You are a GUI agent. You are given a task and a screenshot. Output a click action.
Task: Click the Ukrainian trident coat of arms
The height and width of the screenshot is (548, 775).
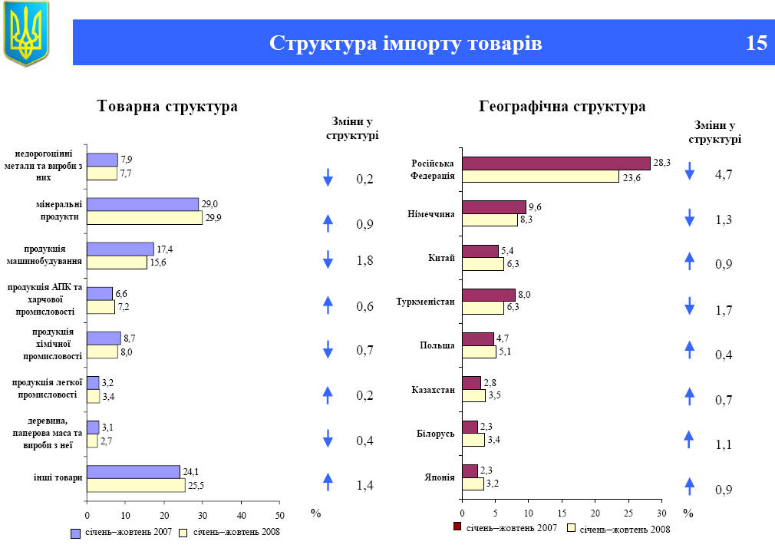[x=26, y=33]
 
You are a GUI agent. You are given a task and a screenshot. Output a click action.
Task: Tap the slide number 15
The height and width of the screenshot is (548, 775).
[x=756, y=43]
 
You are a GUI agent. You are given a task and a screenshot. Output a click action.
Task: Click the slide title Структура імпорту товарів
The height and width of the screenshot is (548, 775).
[x=406, y=43]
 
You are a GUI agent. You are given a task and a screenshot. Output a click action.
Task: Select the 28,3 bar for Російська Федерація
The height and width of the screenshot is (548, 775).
[x=556, y=163]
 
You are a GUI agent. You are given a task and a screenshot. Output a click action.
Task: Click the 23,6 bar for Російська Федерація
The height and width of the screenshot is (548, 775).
[x=540, y=177]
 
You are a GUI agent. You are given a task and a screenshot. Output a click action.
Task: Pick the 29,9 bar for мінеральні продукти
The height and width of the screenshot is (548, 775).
[x=144, y=218]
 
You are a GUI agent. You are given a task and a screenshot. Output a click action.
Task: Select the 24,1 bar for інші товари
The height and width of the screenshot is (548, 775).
[x=133, y=471]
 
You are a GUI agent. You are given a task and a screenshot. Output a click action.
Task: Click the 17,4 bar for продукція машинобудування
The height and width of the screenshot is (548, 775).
[x=120, y=249]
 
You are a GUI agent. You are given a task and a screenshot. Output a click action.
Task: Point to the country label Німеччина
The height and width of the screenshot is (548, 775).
[x=431, y=213]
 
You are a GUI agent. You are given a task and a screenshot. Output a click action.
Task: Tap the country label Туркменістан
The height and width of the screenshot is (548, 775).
[x=426, y=302]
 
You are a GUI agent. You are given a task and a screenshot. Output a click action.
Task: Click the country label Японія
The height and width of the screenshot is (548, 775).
[x=440, y=477]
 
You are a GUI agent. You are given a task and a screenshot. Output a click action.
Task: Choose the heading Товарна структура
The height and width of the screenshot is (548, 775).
[x=167, y=107]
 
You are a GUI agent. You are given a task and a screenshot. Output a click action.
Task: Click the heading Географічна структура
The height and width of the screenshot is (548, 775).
[x=562, y=107]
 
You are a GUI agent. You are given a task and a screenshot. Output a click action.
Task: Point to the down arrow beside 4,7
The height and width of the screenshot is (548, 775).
[x=689, y=171]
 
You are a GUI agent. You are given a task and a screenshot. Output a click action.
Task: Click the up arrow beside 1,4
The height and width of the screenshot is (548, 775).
[x=328, y=481]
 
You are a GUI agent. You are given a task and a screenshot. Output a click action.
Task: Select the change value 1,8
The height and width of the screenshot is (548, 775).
[x=364, y=261]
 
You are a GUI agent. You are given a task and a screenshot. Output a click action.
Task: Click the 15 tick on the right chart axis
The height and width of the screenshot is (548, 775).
[x=562, y=512]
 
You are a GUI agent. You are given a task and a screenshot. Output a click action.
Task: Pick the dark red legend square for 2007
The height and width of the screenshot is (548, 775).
[x=458, y=527]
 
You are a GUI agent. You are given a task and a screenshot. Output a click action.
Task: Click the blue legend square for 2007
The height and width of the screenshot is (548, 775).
[x=76, y=533]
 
